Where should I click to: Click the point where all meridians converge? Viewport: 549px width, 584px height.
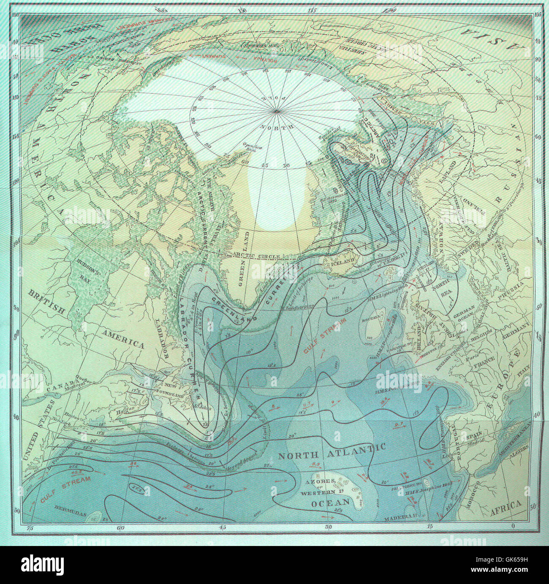click(275, 111)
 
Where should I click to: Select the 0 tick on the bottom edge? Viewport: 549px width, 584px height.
click(512, 527)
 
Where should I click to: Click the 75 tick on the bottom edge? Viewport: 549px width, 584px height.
click(30, 527)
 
